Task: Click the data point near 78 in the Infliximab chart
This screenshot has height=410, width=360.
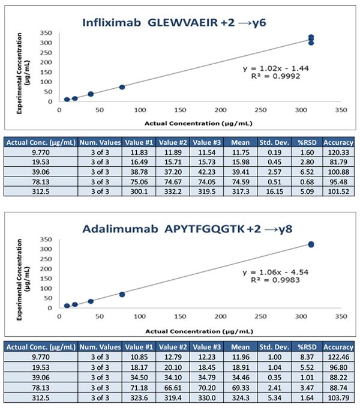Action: (122, 87)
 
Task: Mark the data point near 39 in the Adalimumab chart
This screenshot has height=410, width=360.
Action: (91, 301)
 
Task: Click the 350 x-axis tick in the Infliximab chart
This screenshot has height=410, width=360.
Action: (341, 110)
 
